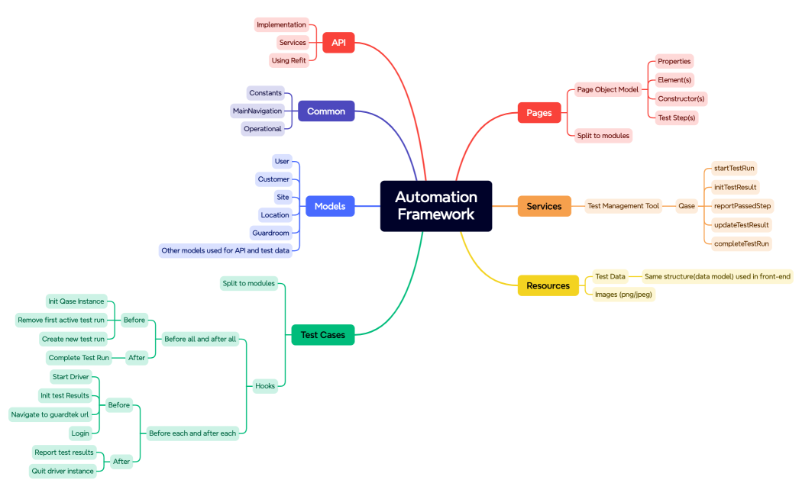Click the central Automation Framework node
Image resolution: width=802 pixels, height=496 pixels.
coord(436,206)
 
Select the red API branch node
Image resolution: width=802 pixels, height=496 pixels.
coord(338,43)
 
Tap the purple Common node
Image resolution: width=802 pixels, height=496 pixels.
coord(326,111)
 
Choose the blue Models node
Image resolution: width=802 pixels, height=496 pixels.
coord(330,206)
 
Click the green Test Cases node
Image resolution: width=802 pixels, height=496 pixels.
coord(322,335)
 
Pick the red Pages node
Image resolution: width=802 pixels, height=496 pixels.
coord(538,113)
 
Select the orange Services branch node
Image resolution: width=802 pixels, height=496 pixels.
coord(544,206)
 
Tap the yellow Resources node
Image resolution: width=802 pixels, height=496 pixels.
coord(548,285)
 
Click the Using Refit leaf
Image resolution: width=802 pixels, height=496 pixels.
coord(289,60)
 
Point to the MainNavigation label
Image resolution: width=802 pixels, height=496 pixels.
coord(257,111)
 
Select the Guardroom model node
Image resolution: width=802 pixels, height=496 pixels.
coord(270,233)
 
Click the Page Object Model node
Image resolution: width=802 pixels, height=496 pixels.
coord(607,89)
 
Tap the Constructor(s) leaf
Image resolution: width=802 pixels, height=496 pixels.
coord(681,98)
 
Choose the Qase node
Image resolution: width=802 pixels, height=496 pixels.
coord(687,206)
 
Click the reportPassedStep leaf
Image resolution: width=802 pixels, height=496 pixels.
coord(742,206)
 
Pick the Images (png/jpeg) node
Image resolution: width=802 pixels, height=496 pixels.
coord(623,294)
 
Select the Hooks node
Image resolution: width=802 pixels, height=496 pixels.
coord(265,386)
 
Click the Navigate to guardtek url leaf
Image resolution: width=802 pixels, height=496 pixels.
coord(50,414)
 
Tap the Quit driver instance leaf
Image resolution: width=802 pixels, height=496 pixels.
coord(63,471)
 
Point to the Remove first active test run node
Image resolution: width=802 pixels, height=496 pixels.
coord(61,320)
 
